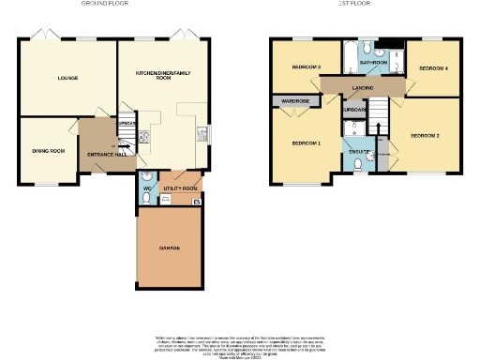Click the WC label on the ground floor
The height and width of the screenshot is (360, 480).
(147, 188)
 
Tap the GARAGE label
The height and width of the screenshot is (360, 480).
(169, 247)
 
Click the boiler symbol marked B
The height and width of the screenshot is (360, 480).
(195, 202)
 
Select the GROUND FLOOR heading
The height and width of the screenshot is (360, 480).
(104, 4)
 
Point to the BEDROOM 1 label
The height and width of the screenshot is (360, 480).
(306, 143)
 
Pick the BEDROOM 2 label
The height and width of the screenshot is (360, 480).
(425, 136)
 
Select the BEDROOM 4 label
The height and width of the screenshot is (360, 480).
(433, 69)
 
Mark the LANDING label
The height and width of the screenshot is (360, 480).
(364, 89)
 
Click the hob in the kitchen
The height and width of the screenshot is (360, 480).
(145, 138)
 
